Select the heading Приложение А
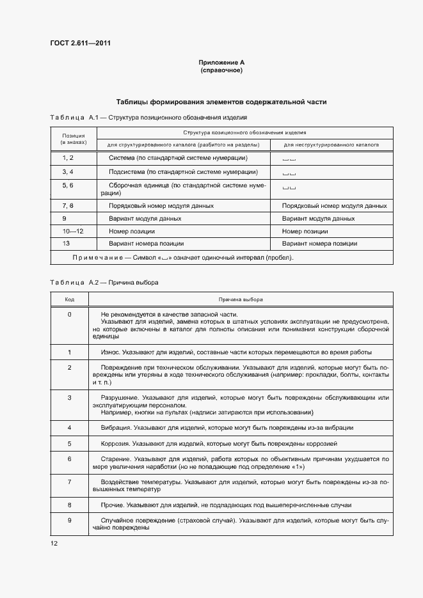click(221, 62)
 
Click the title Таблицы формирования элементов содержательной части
click(221, 102)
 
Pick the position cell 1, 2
click(68, 157)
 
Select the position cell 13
click(66, 243)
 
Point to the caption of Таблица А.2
click(104, 282)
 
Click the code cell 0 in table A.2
click(70, 314)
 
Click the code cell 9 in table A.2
click(70, 520)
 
